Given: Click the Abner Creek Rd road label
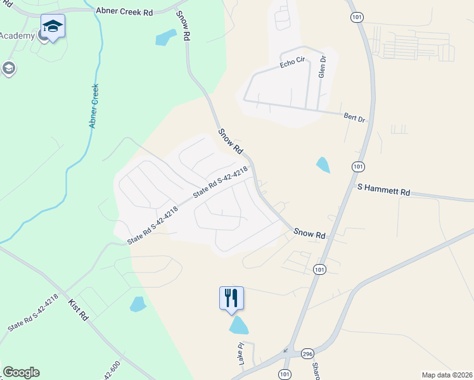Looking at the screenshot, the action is click(125, 11).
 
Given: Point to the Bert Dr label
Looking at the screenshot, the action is click(355, 118).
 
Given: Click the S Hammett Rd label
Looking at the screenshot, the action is click(384, 189).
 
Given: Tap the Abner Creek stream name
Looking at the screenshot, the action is click(94, 106).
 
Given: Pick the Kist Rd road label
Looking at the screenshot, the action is click(78, 308).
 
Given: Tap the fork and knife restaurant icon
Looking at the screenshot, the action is click(231, 297).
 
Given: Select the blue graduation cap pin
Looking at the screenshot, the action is click(53, 26).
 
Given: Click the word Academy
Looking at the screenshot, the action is click(17, 35).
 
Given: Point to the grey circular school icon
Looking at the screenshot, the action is click(9, 68).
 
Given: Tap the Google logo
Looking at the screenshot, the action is click(21, 372).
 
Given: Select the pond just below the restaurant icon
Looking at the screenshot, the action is click(239, 326).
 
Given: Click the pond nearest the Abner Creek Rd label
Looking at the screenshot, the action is click(166, 37).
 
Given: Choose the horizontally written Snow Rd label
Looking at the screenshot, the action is click(309, 234).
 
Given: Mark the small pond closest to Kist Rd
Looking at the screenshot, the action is click(138, 305).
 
